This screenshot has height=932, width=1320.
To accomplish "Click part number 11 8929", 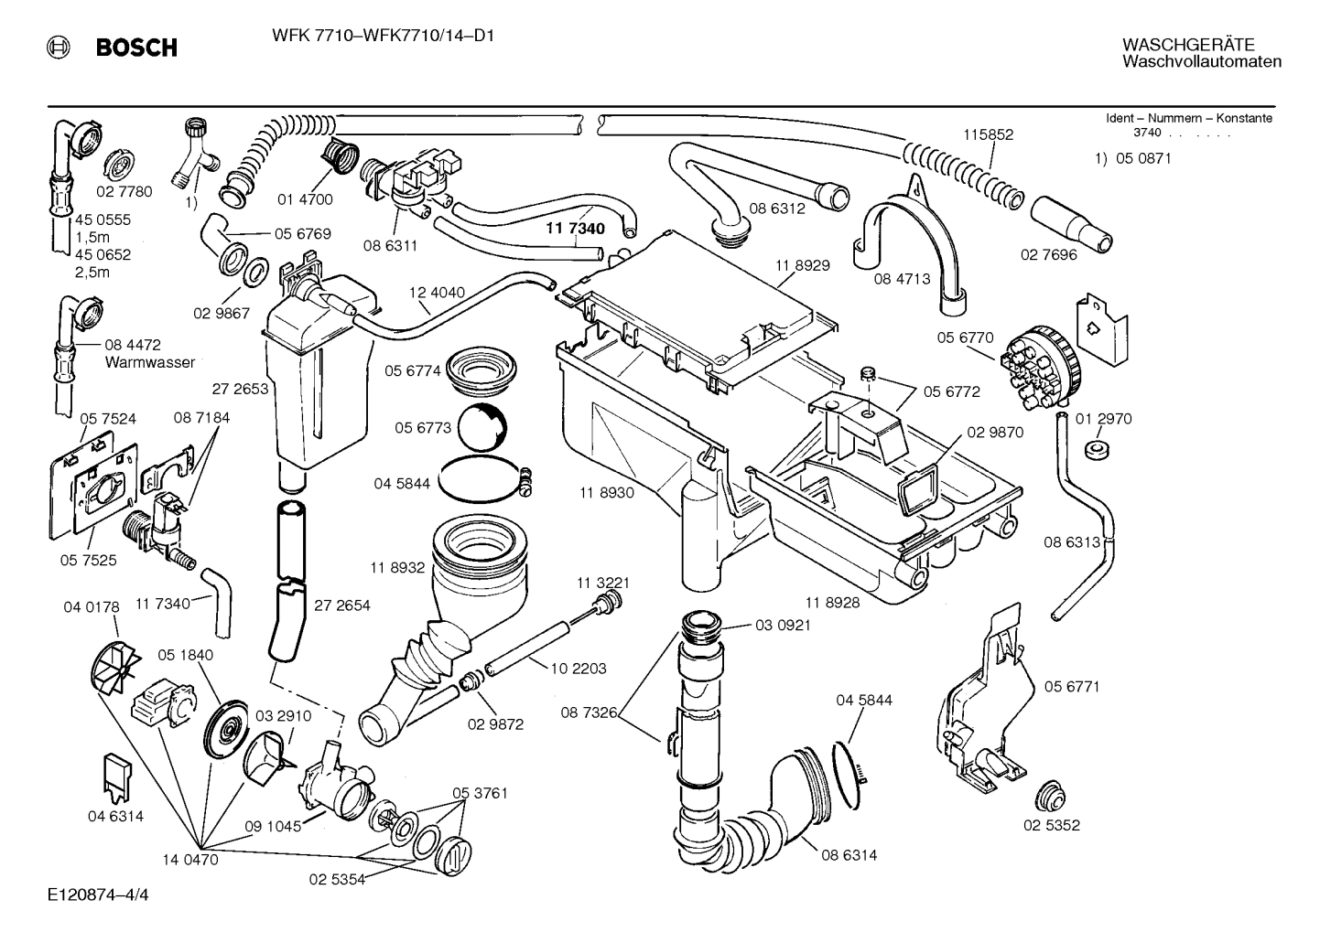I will click(x=802, y=265).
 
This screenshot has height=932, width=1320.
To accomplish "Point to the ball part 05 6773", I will click(x=481, y=427).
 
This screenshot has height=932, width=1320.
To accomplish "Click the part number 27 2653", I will click(x=240, y=389).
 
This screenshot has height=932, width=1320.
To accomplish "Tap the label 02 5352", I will click(x=1051, y=825).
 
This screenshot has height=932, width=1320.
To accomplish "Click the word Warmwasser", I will click(x=150, y=362).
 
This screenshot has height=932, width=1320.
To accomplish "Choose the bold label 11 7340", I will click(x=576, y=229).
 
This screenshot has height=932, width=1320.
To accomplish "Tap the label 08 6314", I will click(x=848, y=855).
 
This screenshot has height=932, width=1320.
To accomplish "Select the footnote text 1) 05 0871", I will click(x=1133, y=158).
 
